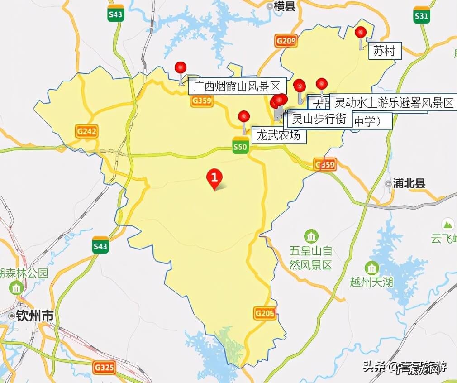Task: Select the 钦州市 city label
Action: pyautogui.click(x=34, y=316)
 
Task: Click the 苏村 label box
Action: pyautogui.click(x=384, y=51)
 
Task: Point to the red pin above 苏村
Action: pyautogui.click(x=361, y=33)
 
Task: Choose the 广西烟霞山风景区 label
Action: pyautogui.click(x=237, y=86)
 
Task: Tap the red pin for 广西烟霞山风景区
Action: pyautogui.click(x=181, y=68)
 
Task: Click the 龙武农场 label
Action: pyautogui.click(x=278, y=135)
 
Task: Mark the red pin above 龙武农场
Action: pyautogui.click(x=244, y=116)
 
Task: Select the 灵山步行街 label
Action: pyautogui.click(x=319, y=119)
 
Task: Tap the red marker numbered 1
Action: pyautogui.click(x=214, y=176)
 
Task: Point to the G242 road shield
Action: pyautogui.click(x=87, y=132)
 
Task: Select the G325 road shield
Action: pyautogui.click(x=104, y=367)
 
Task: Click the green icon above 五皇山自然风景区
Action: pyautogui.click(x=311, y=236)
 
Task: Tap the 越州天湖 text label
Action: pyautogui.click(x=371, y=282)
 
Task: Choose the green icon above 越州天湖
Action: pyautogui.click(x=371, y=268)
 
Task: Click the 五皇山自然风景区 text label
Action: pyautogui.click(x=311, y=257)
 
